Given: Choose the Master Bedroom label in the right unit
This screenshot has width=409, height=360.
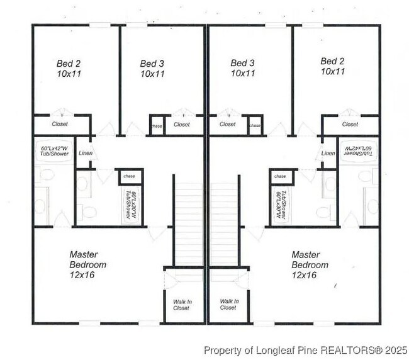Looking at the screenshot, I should click(x=310, y=265).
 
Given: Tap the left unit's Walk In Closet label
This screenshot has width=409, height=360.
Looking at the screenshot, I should click(x=182, y=305).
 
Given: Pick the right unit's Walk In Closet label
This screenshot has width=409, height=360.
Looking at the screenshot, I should click(x=228, y=305).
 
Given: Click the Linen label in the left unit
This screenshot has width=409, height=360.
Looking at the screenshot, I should click(x=85, y=153).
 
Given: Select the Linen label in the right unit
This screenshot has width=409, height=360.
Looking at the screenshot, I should click(x=328, y=153).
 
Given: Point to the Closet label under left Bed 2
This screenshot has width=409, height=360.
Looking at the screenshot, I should click(x=60, y=124).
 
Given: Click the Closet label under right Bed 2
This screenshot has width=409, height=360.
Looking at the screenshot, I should click(x=350, y=124).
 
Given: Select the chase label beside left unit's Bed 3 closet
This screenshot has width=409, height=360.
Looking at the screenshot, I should click(x=157, y=125).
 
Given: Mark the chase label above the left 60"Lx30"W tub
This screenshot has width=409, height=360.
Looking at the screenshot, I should click(x=130, y=176).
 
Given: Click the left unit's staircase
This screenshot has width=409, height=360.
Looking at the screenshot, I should click(x=187, y=223).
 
